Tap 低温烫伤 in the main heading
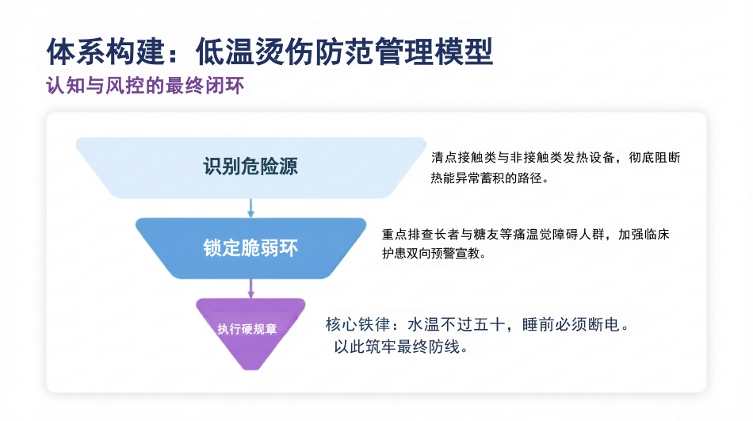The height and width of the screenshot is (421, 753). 254,52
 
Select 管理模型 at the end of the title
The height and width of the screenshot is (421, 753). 434,52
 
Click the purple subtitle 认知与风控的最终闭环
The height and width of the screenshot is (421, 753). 145,86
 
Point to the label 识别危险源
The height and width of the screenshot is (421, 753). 250,166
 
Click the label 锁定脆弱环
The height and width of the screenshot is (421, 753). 250,248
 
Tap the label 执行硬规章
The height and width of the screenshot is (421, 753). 247,329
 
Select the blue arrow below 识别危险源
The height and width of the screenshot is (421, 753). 250,208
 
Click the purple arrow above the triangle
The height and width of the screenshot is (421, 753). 250,289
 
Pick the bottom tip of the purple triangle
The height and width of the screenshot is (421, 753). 250,369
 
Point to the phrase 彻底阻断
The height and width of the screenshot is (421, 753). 655,158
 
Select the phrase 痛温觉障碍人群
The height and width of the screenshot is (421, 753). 559,235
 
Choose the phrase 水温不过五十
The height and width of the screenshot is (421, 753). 456,325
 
